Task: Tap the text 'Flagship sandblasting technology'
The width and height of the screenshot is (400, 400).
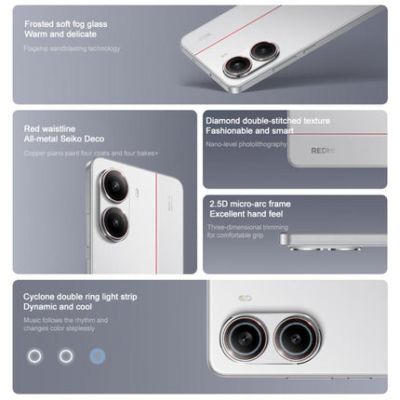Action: [73, 47]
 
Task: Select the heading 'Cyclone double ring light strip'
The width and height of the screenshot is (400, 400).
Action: [80, 296]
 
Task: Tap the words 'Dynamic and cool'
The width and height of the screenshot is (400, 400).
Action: [58, 308]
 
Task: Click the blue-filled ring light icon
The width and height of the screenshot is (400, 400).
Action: [97, 355]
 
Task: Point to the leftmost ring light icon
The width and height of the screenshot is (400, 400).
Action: [35, 355]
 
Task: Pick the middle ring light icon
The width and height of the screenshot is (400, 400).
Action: [66, 355]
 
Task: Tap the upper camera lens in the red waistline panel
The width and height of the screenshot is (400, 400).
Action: [113, 186]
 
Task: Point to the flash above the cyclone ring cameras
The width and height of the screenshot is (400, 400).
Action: [245, 298]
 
